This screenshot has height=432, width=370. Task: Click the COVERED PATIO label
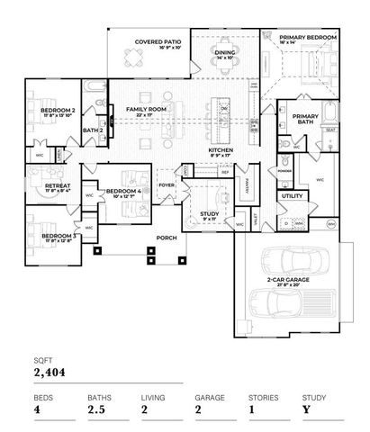[158, 42]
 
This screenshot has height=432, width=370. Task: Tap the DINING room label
[225, 53]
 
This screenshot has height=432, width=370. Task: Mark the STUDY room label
[209, 213]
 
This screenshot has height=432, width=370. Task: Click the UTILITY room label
[292, 195]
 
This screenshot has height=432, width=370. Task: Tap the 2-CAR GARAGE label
[289, 280]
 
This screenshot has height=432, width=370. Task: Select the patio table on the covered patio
[133, 59]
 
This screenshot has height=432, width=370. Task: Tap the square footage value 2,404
[51, 371]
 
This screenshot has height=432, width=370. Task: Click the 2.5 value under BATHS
[96, 410]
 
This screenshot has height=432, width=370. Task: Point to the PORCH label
[167, 238]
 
